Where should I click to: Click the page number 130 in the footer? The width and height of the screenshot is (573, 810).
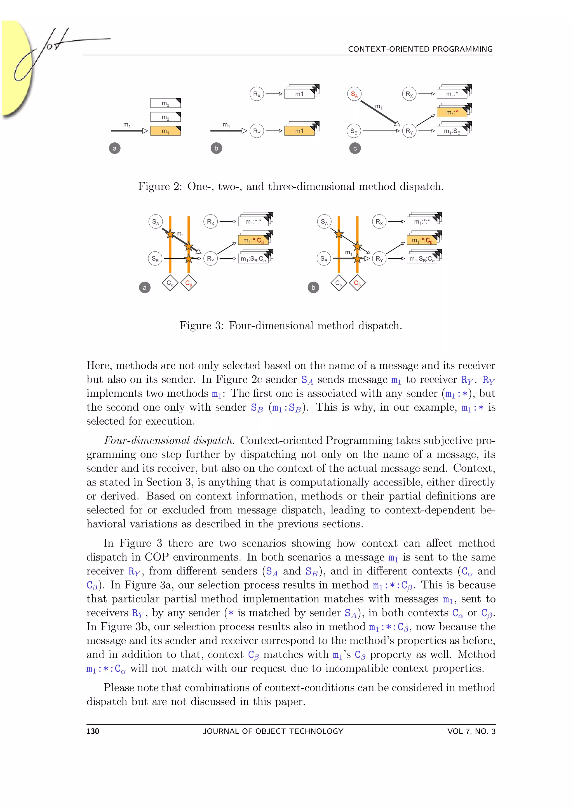point(93,731)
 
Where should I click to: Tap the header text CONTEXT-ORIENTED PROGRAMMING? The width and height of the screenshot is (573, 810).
point(420,49)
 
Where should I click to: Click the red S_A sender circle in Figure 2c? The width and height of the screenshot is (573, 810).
point(354,94)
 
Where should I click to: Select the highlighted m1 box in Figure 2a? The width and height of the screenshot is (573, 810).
point(165,131)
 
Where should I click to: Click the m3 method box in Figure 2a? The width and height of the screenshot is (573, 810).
point(165,103)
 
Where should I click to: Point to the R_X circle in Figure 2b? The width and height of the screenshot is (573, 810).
point(257,94)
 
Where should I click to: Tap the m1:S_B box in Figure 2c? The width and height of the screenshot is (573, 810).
point(452,131)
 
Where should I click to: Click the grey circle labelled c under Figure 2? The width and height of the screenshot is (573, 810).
point(355,148)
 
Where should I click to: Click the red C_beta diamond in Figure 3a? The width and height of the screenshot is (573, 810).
point(188,283)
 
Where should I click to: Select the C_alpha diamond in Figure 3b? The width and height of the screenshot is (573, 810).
point(339,283)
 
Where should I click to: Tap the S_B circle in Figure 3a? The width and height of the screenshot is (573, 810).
point(155,259)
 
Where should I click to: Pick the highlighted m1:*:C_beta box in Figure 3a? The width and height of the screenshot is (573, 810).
point(253,240)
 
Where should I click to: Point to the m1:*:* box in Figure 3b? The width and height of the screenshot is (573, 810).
point(422,222)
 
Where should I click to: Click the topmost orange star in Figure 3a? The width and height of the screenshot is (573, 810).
point(170,234)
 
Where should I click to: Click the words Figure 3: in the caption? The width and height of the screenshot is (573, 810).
point(201,325)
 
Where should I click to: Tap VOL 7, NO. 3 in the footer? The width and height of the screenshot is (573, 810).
point(471,731)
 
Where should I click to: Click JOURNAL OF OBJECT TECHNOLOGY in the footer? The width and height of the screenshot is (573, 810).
point(273,731)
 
